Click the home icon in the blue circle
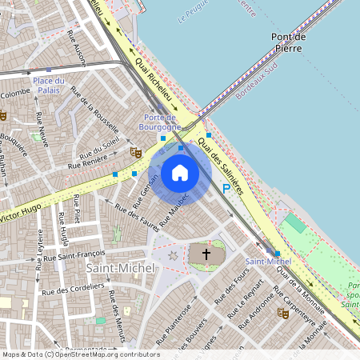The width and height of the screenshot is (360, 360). [180, 172]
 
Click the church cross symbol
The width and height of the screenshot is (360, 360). [206, 255]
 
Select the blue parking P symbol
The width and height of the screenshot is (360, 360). [226, 188]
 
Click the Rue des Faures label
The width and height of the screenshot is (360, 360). [137, 216]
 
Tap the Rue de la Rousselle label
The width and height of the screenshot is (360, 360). [96, 113]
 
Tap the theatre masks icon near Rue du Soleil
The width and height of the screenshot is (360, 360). [135, 151]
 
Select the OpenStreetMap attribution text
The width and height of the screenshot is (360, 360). [81, 354]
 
